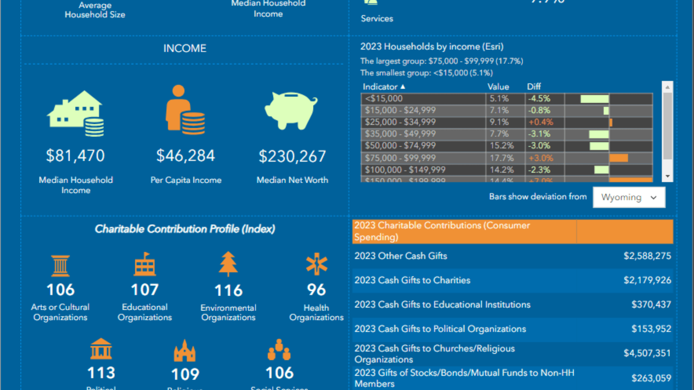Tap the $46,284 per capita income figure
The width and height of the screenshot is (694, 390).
click(185, 156)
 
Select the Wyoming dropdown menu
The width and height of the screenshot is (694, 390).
click(629, 197)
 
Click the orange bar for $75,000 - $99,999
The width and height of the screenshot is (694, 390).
click(618, 158)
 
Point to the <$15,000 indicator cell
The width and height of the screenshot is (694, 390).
click(423, 99)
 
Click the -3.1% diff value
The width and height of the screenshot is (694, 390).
click(539, 134)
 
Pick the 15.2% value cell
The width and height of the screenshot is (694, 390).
click(502, 146)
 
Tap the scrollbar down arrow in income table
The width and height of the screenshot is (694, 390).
click(667, 176)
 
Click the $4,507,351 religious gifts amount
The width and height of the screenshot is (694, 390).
click(647, 353)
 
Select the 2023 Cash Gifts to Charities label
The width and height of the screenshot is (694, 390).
click(412, 280)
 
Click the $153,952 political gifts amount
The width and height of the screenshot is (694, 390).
click(651, 329)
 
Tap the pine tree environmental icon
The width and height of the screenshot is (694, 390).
click(228, 264)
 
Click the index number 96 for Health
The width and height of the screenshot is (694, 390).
click(316, 290)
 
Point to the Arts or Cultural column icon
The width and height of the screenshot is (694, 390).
click(60, 265)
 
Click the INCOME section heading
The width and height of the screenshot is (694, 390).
click(185, 48)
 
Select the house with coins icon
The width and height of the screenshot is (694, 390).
click(76, 113)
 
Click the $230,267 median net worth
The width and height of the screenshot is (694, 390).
click(292, 156)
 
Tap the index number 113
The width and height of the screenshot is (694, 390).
click(101, 373)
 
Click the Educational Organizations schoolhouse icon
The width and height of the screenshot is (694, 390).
click(145, 264)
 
